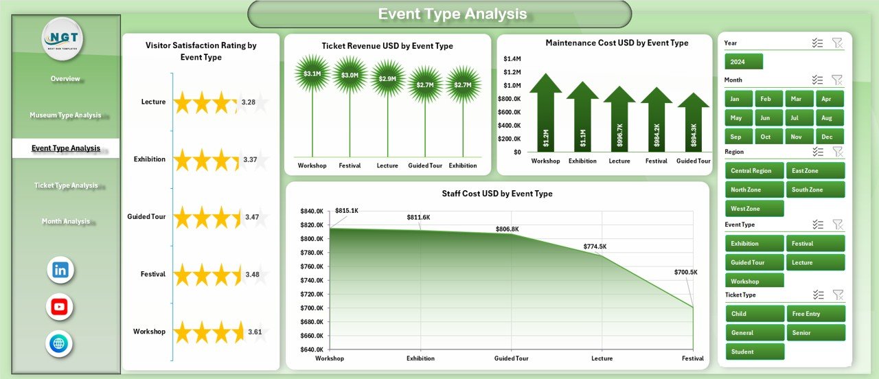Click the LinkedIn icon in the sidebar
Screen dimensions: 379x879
point(60,270)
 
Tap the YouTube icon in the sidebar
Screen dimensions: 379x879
point(60,307)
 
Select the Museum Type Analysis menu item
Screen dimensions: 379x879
point(65,115)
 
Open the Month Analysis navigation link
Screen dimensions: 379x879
point(65,221)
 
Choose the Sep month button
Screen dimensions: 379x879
point(735,137)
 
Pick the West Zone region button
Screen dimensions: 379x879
point(754,209)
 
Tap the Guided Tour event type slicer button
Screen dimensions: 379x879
point(754,262)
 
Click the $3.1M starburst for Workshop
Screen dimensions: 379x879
point(312,73)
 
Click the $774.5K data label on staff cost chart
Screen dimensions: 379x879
point(595,246)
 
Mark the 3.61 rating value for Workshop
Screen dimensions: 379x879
point(255,332)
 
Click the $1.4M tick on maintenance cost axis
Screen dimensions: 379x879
point(512,59)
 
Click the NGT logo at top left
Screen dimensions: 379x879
point(62,38)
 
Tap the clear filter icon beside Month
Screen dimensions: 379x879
point(837,80)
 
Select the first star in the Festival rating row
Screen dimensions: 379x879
point(182,275)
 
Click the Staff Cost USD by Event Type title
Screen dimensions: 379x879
point(497,194)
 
